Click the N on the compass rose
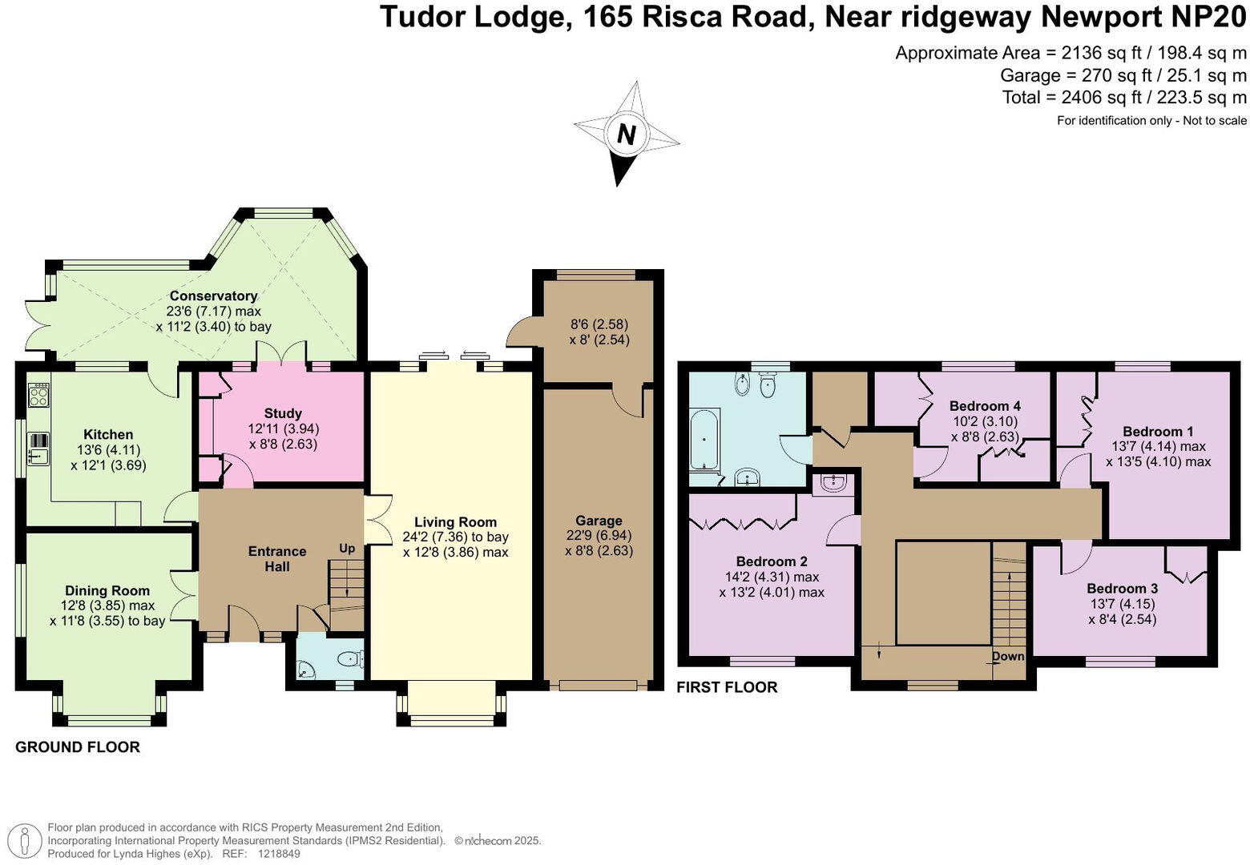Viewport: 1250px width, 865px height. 626,135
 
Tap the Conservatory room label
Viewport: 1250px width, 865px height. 213,296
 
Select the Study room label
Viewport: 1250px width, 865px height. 283,413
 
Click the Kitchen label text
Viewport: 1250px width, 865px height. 108,435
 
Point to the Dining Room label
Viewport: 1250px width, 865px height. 107,591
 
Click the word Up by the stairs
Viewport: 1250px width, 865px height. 347,549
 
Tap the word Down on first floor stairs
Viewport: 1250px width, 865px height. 1008,656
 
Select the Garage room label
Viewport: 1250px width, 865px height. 599,521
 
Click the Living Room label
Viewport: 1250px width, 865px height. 455,522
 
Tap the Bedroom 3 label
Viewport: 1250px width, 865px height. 1122,589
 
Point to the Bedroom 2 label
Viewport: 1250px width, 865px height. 772,561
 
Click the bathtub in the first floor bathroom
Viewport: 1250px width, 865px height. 704,439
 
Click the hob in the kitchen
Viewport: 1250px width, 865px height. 38,394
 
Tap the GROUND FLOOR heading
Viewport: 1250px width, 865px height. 78,747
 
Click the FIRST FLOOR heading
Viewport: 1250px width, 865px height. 727,687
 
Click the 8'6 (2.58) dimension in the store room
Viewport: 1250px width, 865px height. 599,324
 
